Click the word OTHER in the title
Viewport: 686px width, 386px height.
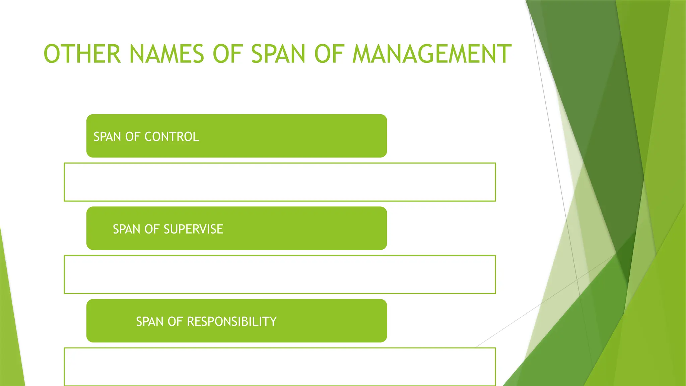[x=82, y=54]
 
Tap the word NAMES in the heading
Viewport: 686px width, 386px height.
[x=166, y=54]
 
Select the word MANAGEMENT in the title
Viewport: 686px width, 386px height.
[x=432, y=54]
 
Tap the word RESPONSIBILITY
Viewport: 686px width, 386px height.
[x=231, y=322]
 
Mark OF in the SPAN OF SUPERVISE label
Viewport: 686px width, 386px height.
[x=152, y=229]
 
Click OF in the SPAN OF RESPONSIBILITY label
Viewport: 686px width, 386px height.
[x=175, y=322]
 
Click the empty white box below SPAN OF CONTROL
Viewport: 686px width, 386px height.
[x=280, y=182]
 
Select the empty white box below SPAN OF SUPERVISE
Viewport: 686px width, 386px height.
[x=280, y=274]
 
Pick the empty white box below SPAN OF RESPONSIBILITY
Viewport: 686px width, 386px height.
[x=280, y=367]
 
